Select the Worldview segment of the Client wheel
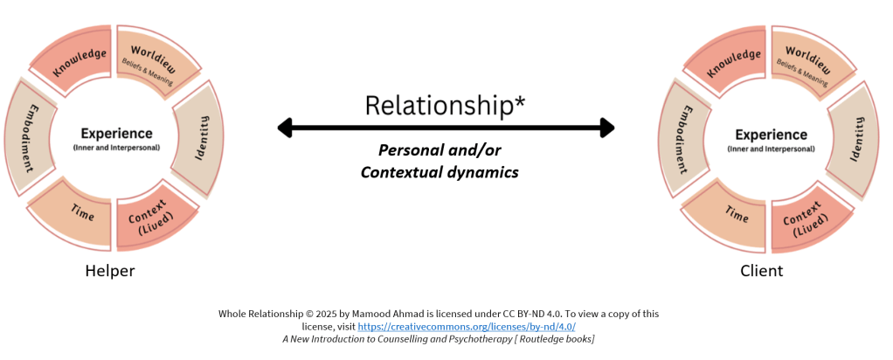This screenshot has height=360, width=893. (810, 63)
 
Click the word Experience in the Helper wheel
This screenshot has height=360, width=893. (116, 134)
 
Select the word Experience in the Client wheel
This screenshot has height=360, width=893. (771, 135)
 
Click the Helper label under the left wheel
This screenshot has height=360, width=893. (110, 271)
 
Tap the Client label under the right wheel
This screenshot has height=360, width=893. (761, 271)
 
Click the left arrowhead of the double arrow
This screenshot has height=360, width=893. (285, 128)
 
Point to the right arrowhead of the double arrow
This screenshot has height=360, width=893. (607, 128)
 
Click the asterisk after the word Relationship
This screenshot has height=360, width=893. (519, 100)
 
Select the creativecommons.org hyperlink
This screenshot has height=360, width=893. (467, 327)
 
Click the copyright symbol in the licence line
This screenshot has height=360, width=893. (308, 314)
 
